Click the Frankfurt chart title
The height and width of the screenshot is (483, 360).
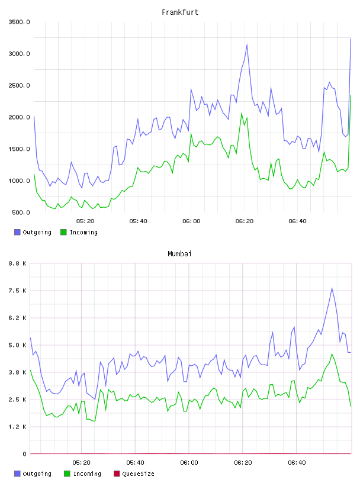point(180,12)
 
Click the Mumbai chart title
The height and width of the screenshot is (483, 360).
point(179,254)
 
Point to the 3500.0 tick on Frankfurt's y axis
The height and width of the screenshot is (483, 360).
point(19,22)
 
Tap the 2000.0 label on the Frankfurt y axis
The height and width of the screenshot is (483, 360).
point(19,117)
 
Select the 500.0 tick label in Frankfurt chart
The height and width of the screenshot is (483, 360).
point(21,212)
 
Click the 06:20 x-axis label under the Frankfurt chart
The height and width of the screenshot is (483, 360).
point(245,221)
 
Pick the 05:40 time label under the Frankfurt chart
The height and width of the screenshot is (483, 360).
point(139,221)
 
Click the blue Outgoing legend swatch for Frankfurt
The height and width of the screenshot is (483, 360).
point(17,232)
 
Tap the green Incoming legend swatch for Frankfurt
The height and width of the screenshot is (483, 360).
point(63,232)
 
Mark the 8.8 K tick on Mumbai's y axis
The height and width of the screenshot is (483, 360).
point(18,263)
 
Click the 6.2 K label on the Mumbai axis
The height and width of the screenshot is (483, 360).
point(18,318)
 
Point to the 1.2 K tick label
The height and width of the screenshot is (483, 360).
point(18,427)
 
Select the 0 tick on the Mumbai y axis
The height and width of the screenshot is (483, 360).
point(24,454)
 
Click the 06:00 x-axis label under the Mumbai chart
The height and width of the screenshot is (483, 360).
point(189,463)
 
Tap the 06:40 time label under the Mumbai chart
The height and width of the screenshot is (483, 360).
point(297,463)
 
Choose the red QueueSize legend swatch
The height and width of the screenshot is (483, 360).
point(117,474)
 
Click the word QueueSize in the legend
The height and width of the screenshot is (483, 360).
point(139,474)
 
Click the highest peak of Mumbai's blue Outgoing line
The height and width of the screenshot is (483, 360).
point(332,288)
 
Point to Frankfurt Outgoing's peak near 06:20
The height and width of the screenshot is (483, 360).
point(247,44)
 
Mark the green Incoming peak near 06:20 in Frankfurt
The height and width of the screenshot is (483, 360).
point(242,113)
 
